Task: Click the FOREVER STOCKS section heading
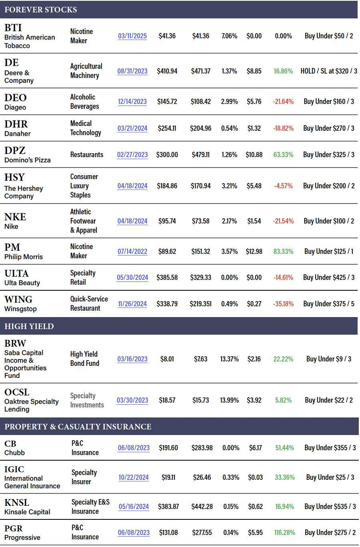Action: pos(41,10)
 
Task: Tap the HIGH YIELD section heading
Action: pos(29,326)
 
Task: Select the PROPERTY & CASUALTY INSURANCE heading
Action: pos(78,427)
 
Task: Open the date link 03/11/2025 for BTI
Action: pos(132,36)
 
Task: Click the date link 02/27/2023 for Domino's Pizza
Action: pos(132,155)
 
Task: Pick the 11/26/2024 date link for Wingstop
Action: pos(132,304)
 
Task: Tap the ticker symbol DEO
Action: pos(16,98)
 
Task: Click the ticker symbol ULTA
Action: pos(17,273)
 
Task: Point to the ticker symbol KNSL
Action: pos(17,503)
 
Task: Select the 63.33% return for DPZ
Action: pos(283,155)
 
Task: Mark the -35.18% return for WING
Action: pos(283,304)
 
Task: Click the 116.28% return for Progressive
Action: pos(284,533)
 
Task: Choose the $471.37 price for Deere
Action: pos(201,71)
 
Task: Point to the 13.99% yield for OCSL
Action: pos(230,400)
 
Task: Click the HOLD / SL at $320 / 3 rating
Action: pos(329,71)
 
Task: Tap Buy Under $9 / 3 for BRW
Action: pos(329,359)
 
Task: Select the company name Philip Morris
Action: pos(24,257)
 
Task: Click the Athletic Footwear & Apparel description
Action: pos(84,221)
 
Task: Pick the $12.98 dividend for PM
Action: pos(254,252)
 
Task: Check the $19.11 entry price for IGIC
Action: pos(168,477)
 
